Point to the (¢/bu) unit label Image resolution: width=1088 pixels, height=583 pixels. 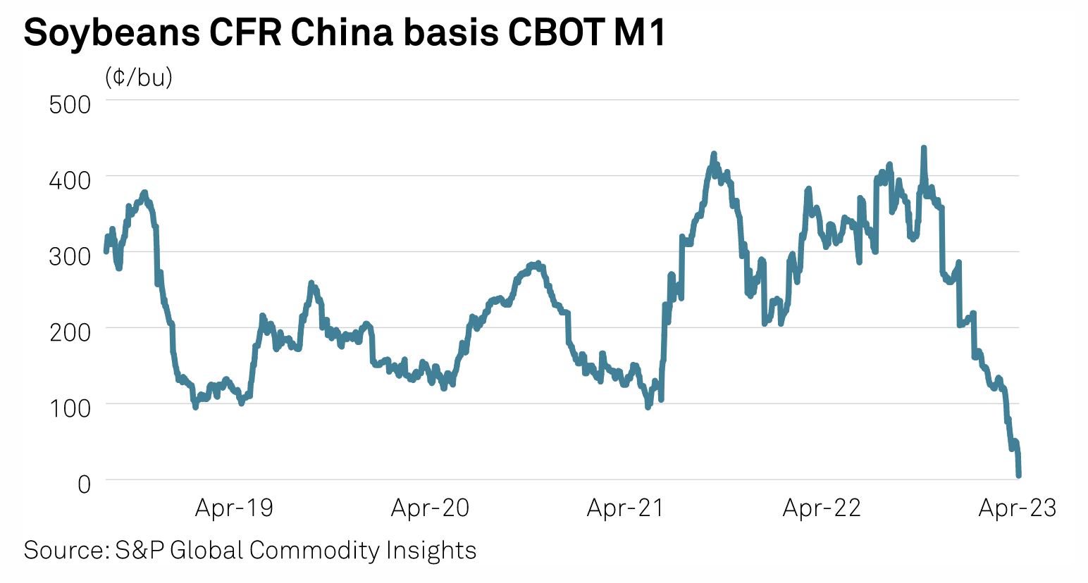139,77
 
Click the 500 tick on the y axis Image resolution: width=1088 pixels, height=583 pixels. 70,104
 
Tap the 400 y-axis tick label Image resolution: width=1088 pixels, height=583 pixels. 70,180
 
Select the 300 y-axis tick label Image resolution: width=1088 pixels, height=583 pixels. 70,256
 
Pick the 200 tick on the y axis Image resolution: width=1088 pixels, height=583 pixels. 70,332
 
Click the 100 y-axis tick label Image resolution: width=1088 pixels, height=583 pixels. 70,408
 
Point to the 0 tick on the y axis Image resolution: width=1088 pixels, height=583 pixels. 84,484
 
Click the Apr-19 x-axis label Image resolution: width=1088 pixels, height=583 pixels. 234,508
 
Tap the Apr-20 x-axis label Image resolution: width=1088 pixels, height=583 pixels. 430,508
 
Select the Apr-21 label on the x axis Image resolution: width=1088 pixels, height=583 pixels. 626,508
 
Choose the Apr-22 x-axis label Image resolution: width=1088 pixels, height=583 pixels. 822,508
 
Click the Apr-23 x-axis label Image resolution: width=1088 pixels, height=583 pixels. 1018,508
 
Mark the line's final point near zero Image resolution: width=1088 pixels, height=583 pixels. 1019,475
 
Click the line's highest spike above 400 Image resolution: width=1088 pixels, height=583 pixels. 923,149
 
